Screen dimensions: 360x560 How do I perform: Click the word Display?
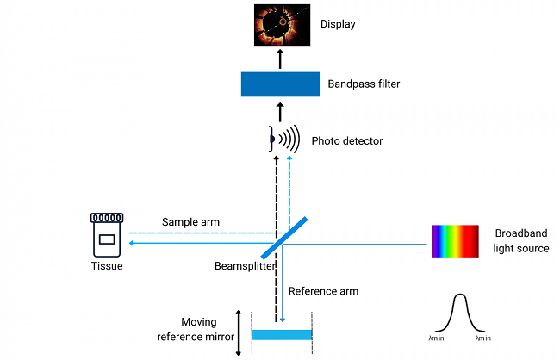(x=338, y=25)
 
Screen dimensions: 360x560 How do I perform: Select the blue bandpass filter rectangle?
(x=279, y=84)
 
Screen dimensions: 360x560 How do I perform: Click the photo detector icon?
(x=281, y=139)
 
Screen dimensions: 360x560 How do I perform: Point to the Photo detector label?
(x=347, y=140)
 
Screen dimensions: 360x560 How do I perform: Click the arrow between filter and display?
(x=279, y=59)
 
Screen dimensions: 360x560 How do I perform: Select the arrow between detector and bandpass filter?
(x=279, y=111)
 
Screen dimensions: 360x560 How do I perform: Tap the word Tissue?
(x=108, y=266)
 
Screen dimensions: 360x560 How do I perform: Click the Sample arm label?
(x=190, y=222)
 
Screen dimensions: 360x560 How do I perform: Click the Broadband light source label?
(x=521, y=241)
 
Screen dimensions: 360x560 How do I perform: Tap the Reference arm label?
(x=323, y=291)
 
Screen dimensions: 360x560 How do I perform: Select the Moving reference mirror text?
(x=205, y=331)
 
